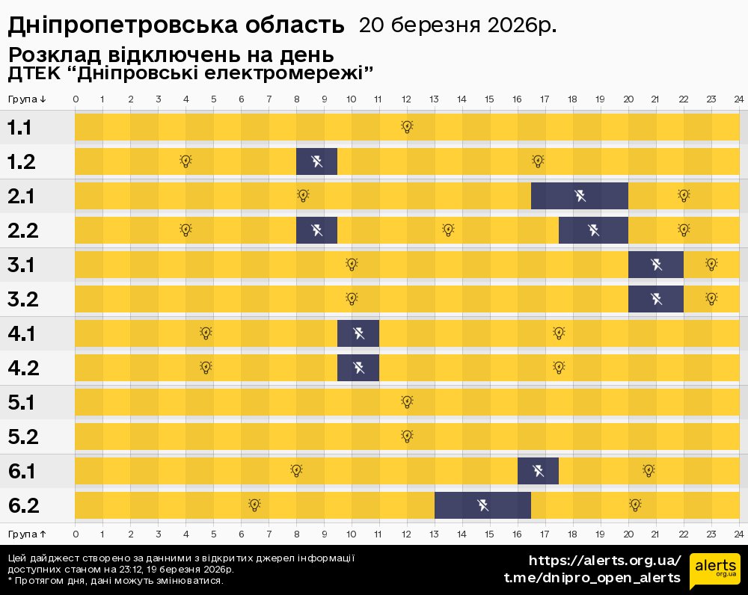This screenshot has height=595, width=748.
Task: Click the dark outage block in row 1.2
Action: pos(316,161)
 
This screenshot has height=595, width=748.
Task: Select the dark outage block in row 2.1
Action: pos(580,196)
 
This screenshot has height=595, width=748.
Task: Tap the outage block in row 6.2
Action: pos(482,505)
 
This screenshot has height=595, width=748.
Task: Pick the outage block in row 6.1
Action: pos(538,471)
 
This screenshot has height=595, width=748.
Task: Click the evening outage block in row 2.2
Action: pos(593,230)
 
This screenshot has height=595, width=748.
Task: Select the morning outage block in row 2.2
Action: pos(316,230)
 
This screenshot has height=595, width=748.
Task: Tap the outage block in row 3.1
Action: pos(656,265)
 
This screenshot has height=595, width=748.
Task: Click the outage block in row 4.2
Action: pos(358,368)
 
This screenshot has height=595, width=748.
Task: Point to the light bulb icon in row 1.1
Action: pos(407,127)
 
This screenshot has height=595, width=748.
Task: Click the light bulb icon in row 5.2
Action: pos(407,437)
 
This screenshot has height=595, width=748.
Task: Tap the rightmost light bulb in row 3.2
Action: pos(711,299)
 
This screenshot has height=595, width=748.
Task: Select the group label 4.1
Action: pos(22,333)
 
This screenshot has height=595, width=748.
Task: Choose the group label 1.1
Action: pos(19,127)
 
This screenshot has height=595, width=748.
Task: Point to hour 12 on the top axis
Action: pos(406,99)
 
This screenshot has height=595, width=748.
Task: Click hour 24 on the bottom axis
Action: pos(738,534)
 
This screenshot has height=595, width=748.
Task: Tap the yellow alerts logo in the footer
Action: pos(714,571)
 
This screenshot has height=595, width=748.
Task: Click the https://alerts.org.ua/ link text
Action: pos(604,561)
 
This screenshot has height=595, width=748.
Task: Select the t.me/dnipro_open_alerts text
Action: pos(592,578)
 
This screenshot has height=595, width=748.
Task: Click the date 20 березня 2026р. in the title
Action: pos(457,25)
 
